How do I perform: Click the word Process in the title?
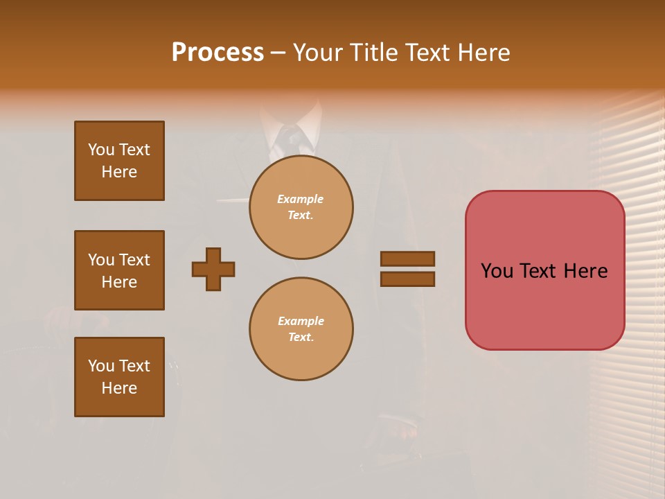(218, 53)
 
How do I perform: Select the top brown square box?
(119, 161)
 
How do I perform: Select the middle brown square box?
(119, 270)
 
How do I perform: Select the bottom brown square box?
(119, 377)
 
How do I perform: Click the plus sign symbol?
(213, 269)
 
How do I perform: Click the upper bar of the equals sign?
(407, 259)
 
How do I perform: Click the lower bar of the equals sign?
(407, 279)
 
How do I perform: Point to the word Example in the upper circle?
(301, 199)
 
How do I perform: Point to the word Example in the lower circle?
(301, 321)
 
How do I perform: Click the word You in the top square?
(101, 150)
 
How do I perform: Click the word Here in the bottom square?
(119, 388)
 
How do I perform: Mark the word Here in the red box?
(585, 271)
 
